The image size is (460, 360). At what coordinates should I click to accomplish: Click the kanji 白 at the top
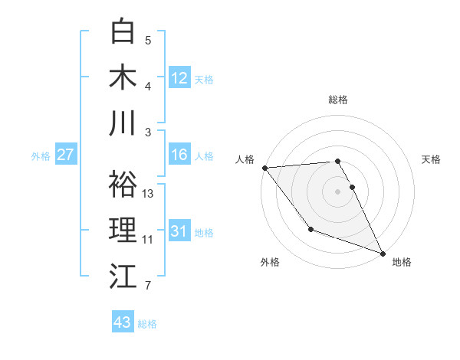pyautogui.click(x=123, y=31)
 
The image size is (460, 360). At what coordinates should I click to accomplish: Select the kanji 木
pyautogui.click(x=123, y=77)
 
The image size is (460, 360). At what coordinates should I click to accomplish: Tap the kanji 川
pyautogui.click(x=123, y=123)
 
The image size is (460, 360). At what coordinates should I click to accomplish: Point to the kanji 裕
pyautogui.click(x=123, y=184)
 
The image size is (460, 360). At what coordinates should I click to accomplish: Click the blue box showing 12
pyautogui.click(x=179, y=77)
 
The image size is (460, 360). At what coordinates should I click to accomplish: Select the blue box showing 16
pyautogui.click(x=179, y=155)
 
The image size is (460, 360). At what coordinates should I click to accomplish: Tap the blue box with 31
pyautogui.click(x=179, y=231)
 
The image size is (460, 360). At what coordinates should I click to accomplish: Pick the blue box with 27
pyautogui.click(x=66, y=155)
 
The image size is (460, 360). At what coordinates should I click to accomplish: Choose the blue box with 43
pyautogui.click(x=123, y=322)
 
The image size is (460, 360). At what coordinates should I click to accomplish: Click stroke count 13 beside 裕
pyautogui.click(x=149, y=194)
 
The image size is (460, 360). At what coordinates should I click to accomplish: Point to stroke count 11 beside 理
pyautogui.click(x=148, y=240)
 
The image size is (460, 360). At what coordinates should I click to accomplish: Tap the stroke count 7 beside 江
pyautogui.click(x=148, y=286)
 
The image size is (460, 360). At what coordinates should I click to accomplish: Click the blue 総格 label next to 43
pyautogui.click(x=147, y=324)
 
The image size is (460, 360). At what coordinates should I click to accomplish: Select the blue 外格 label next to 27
pyautogui.click(x=41, y=156)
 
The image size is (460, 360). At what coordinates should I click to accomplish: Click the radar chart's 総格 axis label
pyautogui.click(x=338, y=100)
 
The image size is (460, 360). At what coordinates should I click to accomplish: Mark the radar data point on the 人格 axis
pyautogui.click(x=264, y=167)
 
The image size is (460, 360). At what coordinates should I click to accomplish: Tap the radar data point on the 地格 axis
pyautogui.click(x=383, y=253)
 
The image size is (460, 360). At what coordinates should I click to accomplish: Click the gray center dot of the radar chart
pyautogui.click(x=338, y=191)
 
